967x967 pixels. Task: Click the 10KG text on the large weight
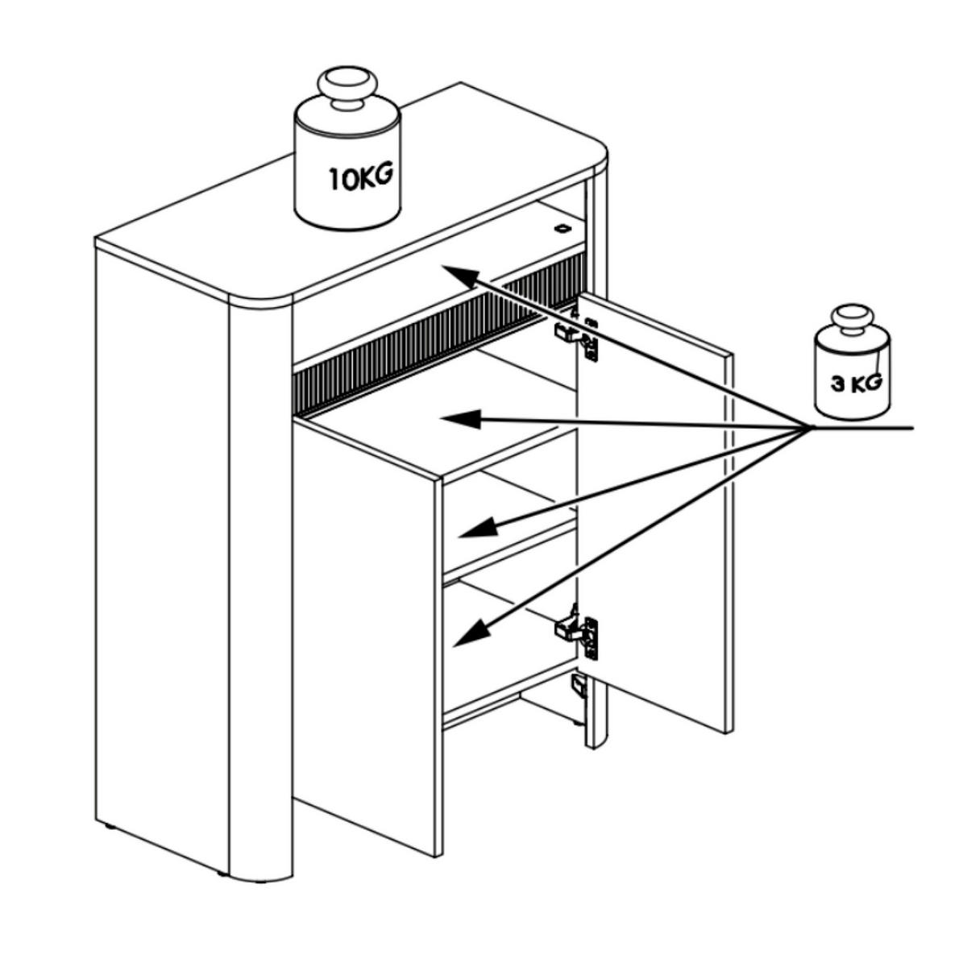point(360,176)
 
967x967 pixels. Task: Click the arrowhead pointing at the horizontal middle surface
point(460,419)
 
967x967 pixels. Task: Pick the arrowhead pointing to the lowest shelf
point(472,633)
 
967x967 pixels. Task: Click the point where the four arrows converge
point(809,428)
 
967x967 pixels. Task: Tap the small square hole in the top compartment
point(562,228)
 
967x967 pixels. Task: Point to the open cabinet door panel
point(655,512)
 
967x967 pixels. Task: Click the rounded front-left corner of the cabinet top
point(261,300)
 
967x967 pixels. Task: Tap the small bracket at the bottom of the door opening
point(579,686)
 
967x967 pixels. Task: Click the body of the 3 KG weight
point(852,376)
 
